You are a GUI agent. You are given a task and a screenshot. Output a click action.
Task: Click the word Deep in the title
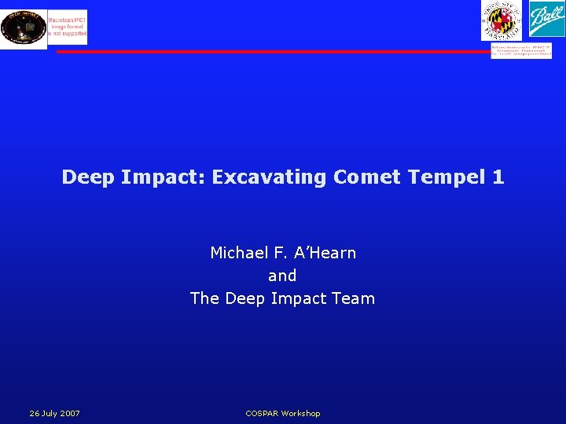89,177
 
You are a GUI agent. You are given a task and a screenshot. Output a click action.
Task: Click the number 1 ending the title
498,177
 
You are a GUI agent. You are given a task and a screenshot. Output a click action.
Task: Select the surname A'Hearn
325,253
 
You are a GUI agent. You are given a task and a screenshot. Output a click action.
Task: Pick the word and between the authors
282,276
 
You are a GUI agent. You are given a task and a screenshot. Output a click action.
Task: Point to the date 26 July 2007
54,413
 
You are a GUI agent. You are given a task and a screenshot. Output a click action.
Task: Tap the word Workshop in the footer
302,413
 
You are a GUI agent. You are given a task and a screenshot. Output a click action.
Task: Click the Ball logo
545,20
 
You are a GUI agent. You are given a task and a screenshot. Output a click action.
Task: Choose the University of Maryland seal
502,20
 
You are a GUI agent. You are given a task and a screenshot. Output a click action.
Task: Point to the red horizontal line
275,52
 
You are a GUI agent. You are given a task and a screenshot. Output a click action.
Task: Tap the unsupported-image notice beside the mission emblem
68,27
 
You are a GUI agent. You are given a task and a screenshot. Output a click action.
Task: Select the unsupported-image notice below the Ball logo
521,51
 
